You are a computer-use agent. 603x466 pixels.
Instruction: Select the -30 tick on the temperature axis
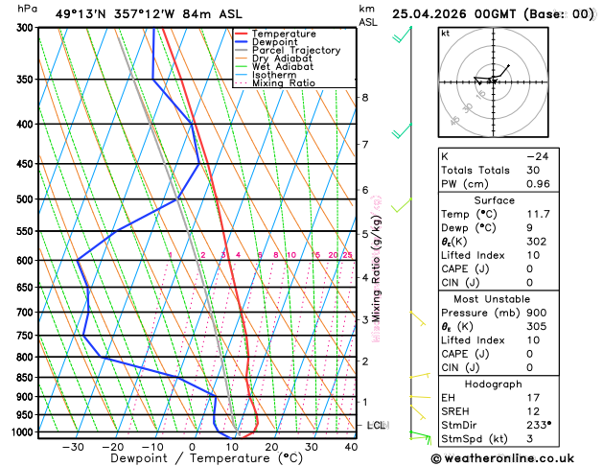coord(73,447)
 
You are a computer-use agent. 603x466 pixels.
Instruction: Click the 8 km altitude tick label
coord(364,98)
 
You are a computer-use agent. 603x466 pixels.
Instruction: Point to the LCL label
coord(376,424)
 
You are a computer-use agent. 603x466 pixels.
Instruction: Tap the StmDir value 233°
coord(539,424)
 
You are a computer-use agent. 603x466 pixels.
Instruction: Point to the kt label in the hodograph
coord(445,33)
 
